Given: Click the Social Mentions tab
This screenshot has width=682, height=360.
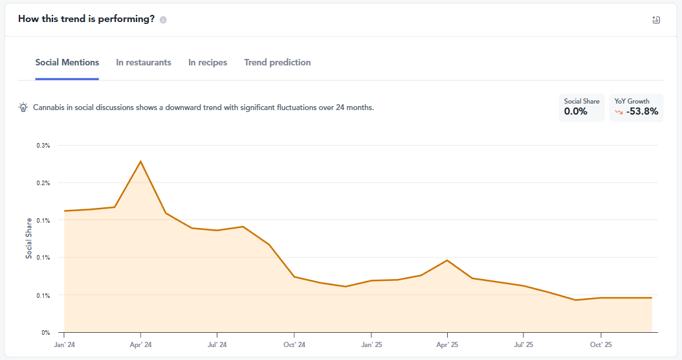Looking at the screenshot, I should coord(67,63).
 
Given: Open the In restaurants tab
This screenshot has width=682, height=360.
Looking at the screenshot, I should coord(144,63).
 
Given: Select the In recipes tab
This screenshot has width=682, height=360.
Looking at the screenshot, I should coord(208,63).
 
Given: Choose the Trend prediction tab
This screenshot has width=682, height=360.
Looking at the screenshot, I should coord(278,63).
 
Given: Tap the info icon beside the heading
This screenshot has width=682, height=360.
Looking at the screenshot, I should coord(163,19).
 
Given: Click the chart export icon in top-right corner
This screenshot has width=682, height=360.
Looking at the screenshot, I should coord(656,20).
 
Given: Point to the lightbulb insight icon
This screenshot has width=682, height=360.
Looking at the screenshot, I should coord(23,107).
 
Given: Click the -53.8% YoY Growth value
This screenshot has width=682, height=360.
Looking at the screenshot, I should coord(642,111).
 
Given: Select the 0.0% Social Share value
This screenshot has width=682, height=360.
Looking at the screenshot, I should coord(575,111).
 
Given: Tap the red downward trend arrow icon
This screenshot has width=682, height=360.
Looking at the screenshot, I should coord(619,112).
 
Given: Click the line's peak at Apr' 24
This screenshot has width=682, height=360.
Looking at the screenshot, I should coord(140,161).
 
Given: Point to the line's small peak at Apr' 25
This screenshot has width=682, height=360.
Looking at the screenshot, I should coord(447,260).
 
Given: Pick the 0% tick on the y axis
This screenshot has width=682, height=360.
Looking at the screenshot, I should coord(46,333).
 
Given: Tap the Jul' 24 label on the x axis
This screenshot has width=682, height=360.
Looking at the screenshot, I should coord(217,345).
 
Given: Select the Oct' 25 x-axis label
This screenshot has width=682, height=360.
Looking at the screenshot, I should coord(600,345).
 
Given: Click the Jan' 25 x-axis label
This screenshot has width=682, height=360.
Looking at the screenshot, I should coord(371,345).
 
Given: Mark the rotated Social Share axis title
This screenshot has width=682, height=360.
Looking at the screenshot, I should coord(28,238).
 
